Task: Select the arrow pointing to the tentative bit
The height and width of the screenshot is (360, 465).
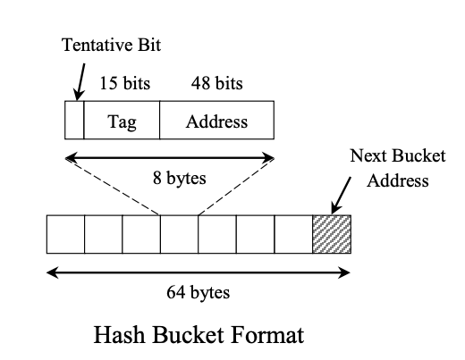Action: tap(78, 85)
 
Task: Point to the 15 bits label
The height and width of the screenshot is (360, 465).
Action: tap(124, 84)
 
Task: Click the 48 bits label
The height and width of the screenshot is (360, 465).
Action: tap(216, 84)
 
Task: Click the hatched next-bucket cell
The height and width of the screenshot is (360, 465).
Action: tap(332, 233)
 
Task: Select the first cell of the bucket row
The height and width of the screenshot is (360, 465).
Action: tap(65, 233)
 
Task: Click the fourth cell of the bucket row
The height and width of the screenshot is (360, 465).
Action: tap(179, 233)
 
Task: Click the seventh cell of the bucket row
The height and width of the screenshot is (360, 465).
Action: tap(293, 233)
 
